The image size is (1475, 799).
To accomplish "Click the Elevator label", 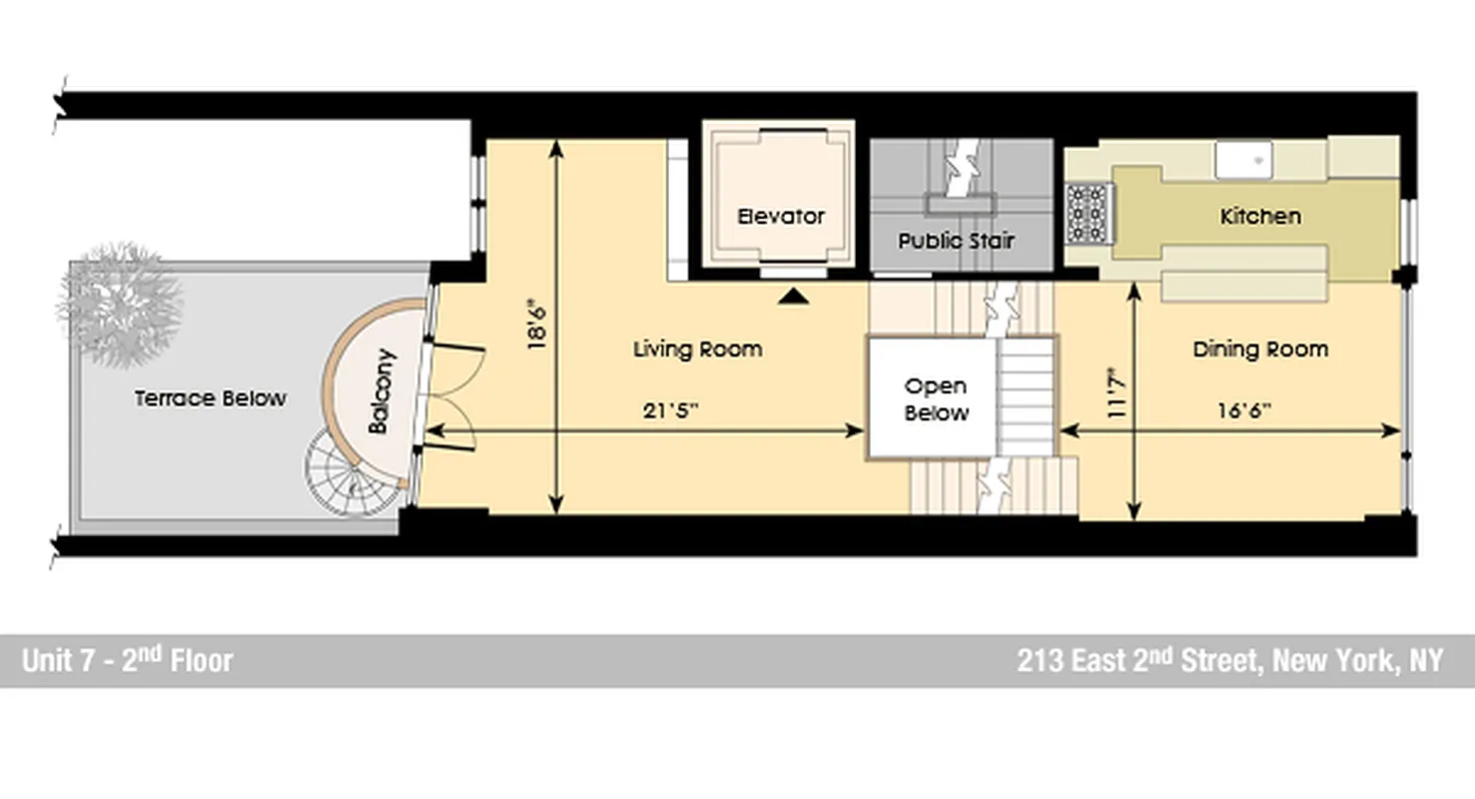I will coord(781,217).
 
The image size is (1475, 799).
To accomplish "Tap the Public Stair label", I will coord(956,241).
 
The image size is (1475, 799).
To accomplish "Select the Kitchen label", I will coord(1260,217).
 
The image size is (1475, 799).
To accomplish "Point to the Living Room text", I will coord(697,350).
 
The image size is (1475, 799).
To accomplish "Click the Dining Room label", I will coord(1260,350).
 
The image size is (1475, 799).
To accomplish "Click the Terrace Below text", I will coord(211,399).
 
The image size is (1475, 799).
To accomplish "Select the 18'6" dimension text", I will coord(536,324).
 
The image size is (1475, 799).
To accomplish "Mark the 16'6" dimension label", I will coord(1242,408).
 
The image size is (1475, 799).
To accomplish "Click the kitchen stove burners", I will coord(1088,214).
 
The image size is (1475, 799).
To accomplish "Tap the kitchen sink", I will coord(1243,159).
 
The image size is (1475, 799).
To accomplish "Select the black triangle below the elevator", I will coord(793,296).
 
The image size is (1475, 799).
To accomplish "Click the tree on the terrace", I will coord(122,303).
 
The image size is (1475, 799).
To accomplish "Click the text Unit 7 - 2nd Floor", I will coord(127,661).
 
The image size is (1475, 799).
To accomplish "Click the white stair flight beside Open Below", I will coord(1027,397).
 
